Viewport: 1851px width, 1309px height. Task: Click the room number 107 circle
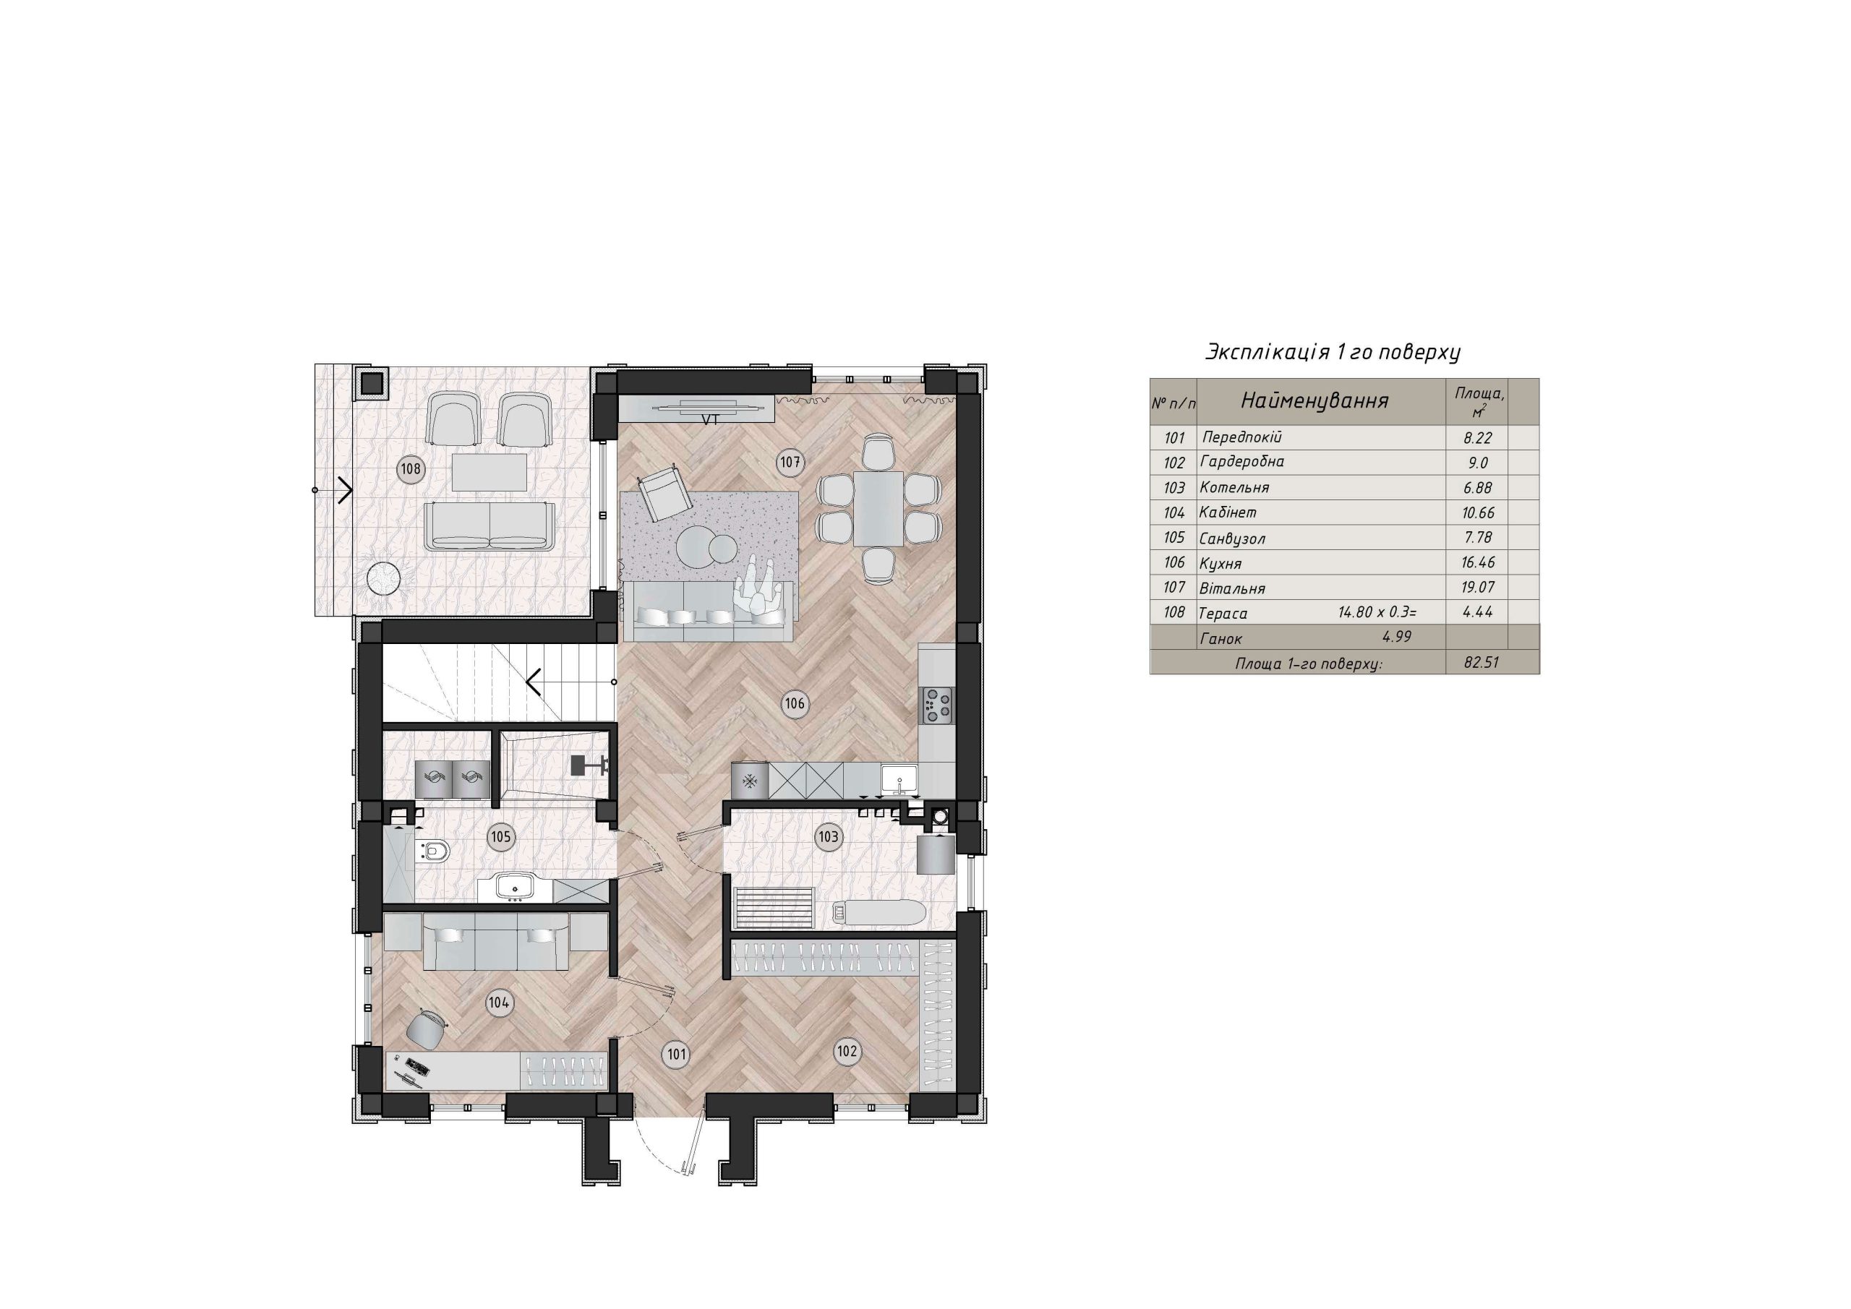(x=790, y=463)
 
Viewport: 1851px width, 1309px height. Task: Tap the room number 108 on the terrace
(x=411, y=469)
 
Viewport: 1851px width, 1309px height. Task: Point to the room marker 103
(x=828, y=837)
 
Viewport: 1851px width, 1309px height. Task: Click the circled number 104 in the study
(x=499, y=1003)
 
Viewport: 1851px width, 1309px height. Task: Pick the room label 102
(x=847, y=1051)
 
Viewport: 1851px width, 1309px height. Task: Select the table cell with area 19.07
(x=1477, y=587)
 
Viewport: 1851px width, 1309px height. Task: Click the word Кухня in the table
(x=1221, y=563)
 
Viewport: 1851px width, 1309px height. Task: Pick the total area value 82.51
(x=1477, y=663)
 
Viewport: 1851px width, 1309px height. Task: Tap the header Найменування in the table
(x=1314, y=400)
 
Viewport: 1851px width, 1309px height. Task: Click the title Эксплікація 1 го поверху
(x=1333, y=352)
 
